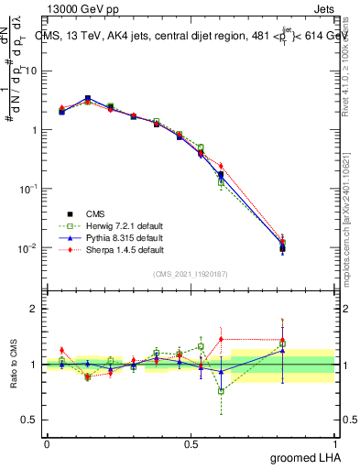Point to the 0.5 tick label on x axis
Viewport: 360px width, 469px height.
pyautogui.click(x=192, y=443)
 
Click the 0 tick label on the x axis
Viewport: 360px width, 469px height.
pyautogui.click(x=48, y=443)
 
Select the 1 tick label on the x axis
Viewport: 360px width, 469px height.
pyautogui.click(x=337, y=443)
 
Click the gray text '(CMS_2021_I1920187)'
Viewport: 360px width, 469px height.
pyautogui.click(x=191, y=273)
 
